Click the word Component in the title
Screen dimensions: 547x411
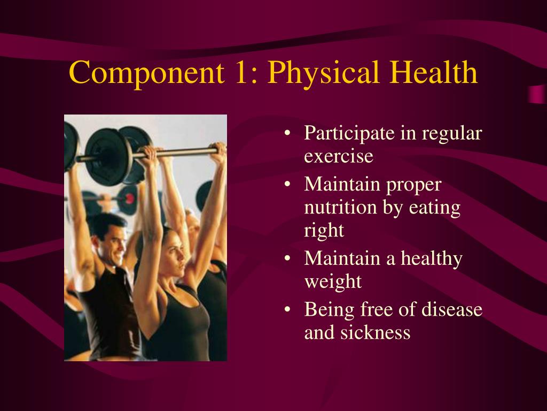click(x=146, y=73)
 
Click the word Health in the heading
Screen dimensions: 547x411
click(x=434, y=72)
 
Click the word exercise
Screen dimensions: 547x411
click(x=339, y=156)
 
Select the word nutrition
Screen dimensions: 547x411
click(x=341, y=207)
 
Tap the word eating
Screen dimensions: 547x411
click(x=435, y=208)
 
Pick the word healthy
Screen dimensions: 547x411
click(x=432, y=259)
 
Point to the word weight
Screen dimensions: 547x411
click(x=333, y=282)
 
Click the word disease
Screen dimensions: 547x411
click(x=452, y=309)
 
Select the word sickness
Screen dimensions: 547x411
click(x=376, y=332)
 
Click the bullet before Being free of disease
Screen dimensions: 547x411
click(x=287, y=310)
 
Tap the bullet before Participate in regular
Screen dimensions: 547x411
click(x=287, y=133)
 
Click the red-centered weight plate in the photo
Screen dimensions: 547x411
click(x=127, y=199)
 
